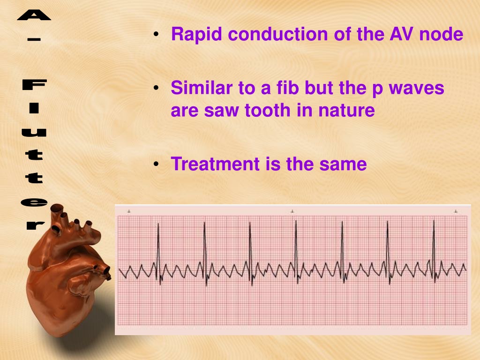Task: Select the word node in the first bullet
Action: coord(441,34)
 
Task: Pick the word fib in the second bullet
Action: coord(287,88)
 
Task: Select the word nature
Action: coord(346,111)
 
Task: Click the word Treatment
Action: coord(215,164)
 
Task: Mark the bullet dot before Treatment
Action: coord(156,165)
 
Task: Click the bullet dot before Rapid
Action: coord(156,34)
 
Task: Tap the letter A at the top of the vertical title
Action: coord(34,15)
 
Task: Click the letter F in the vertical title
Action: coord(34,84)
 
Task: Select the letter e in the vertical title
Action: coord(34,202)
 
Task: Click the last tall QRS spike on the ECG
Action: coord(434,251)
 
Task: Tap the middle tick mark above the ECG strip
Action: coord(292,211)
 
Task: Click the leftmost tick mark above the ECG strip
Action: coord(129,211)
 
